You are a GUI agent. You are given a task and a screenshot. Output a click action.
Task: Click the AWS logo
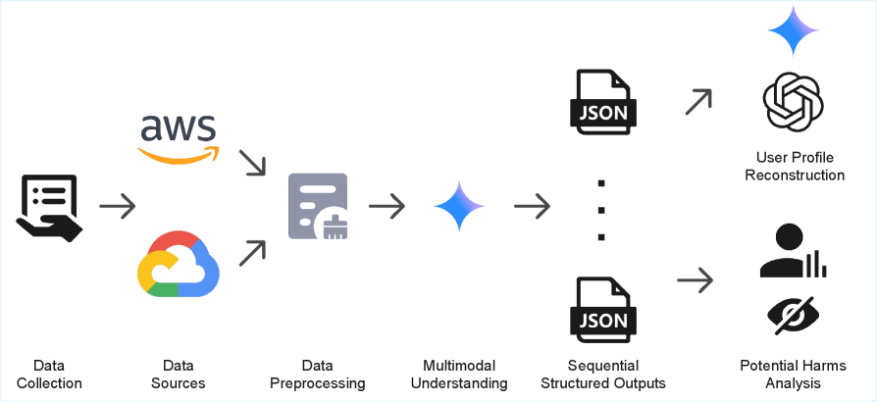(x=179, y=137)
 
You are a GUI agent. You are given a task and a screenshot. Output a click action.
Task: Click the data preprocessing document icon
(x=318, y=206)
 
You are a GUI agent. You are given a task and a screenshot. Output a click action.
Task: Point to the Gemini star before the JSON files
(x=459, y=206)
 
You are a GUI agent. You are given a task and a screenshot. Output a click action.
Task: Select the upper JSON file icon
(x=603, y=102)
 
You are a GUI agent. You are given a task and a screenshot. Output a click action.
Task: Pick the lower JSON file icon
(x=603, y=310)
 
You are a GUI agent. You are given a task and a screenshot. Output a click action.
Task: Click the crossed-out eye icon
(x=793, y=315)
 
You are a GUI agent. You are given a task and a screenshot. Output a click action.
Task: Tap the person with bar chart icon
(x=793, y=251)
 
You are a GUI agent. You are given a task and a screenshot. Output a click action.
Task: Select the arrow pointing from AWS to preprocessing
(x=253, y=163)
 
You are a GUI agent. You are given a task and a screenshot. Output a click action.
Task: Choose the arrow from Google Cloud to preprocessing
(x=253, y=252)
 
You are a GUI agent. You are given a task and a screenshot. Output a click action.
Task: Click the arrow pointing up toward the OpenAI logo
(x=697, y=101)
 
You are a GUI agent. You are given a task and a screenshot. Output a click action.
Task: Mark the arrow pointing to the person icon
(x=696, y=280)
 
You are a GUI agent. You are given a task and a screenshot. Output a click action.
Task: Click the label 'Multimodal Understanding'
(x=459, y=374)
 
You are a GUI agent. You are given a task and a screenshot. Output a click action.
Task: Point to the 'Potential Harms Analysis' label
(x=793, y=374)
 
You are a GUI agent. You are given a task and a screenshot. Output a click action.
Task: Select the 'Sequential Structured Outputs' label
(x=603, y=374)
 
